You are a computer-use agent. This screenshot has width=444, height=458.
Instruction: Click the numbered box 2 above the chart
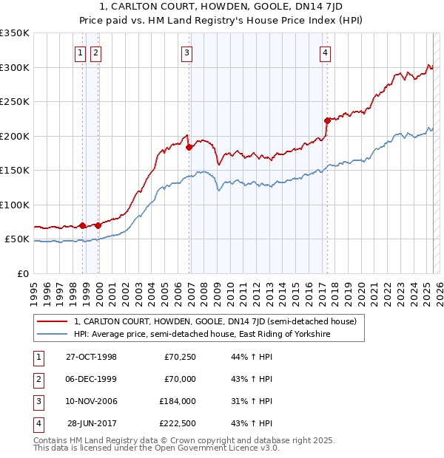point(96,52)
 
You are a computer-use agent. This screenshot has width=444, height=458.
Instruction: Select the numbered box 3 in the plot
point(186,52)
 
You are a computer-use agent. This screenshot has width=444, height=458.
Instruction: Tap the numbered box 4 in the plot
point(325,52)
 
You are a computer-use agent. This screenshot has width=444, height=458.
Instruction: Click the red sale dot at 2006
point(189,147)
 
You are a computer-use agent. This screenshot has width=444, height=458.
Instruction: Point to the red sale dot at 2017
point(326,120)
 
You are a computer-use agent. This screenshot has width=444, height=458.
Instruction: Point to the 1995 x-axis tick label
point(33,287)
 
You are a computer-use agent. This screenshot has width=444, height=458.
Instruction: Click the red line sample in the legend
point(53,321)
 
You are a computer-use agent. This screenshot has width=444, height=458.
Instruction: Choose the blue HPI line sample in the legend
point(53,334)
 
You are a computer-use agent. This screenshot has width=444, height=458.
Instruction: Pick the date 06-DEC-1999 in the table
point(92,379)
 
